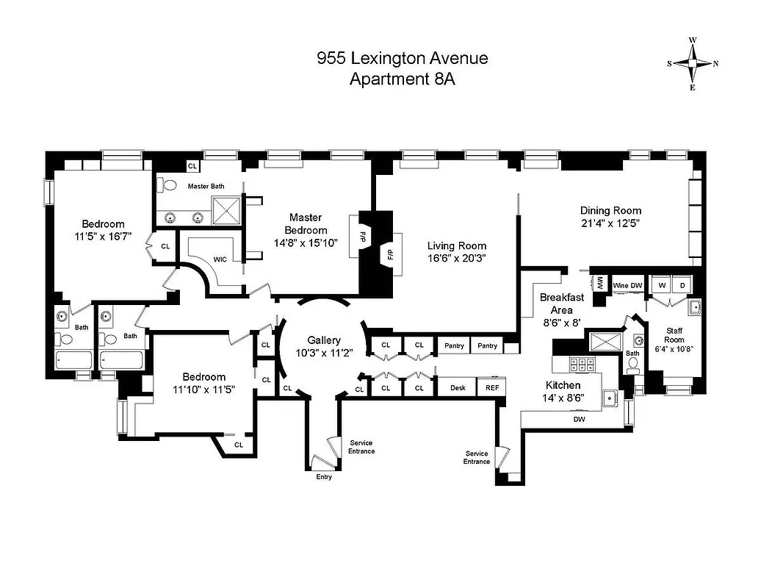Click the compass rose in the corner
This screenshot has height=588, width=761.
pos(693,63)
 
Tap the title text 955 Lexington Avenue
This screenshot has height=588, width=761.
pos(402,58)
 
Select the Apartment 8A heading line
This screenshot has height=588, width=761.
pos(402,79)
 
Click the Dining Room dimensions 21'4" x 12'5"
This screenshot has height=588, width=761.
pos(610,223)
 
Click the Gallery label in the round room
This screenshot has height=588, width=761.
pos(324,340)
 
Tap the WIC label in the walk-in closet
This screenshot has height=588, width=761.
pos(220,259)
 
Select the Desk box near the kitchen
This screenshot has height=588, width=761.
pos(458,387)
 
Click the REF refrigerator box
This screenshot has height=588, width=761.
pos(491,387)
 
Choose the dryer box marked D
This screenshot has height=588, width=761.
pos(682,284)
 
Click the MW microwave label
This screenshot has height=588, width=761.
pos(599,283)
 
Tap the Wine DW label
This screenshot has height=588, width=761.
pos(628,284)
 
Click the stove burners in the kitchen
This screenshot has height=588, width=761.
pos(583,365)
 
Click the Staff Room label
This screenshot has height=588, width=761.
pos(674,335)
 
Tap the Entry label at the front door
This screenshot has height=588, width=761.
pos(324,477)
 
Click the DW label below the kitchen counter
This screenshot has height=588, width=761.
pos(580,420)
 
